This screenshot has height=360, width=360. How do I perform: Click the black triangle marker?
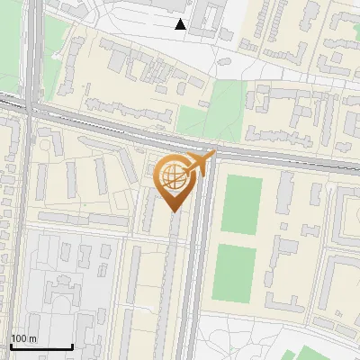click(x=181, y=24)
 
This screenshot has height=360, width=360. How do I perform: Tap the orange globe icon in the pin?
click(x=173, y=176)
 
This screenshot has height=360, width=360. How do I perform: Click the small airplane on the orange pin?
click(x=200, y=163)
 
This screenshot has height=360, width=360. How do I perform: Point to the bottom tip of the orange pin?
click(x=173, y=211)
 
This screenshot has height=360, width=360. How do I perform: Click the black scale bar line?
click(x=41, y=347)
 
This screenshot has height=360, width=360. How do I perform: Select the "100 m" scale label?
click(x=24, y=339)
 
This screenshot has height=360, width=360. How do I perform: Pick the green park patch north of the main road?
click(x=202, y=119)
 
